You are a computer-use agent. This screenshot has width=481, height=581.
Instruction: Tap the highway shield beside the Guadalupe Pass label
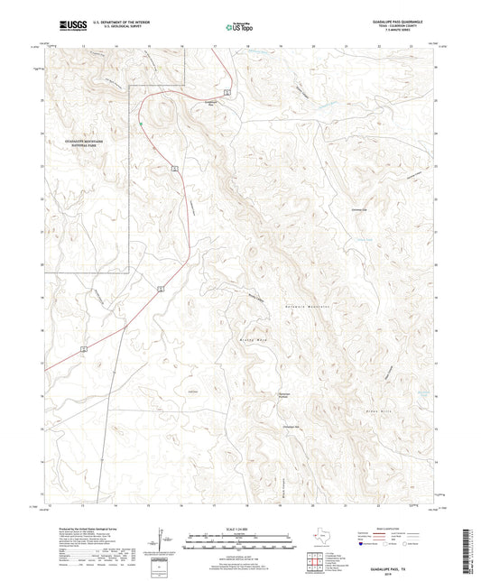pyautogui.click(x=229, y=92)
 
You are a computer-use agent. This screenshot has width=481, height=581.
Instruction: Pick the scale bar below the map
pyautogui.click(x=239, y=541)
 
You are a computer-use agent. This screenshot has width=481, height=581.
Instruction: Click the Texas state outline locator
pyautogui.click(x=319, y=540)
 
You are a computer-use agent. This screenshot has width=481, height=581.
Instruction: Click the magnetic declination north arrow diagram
pyautogui.click(x=163, y=540)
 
